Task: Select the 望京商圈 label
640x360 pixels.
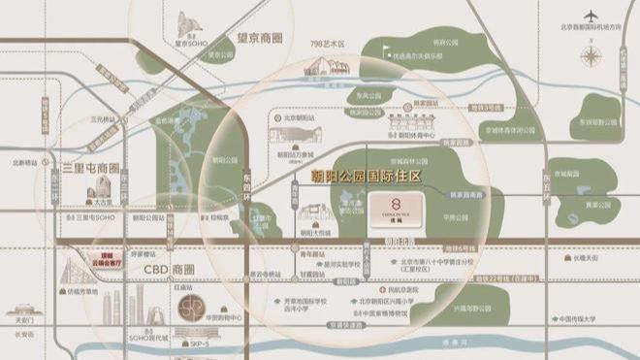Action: tap(258, 39)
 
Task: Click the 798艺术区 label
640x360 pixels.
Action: tap(329, 45)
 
